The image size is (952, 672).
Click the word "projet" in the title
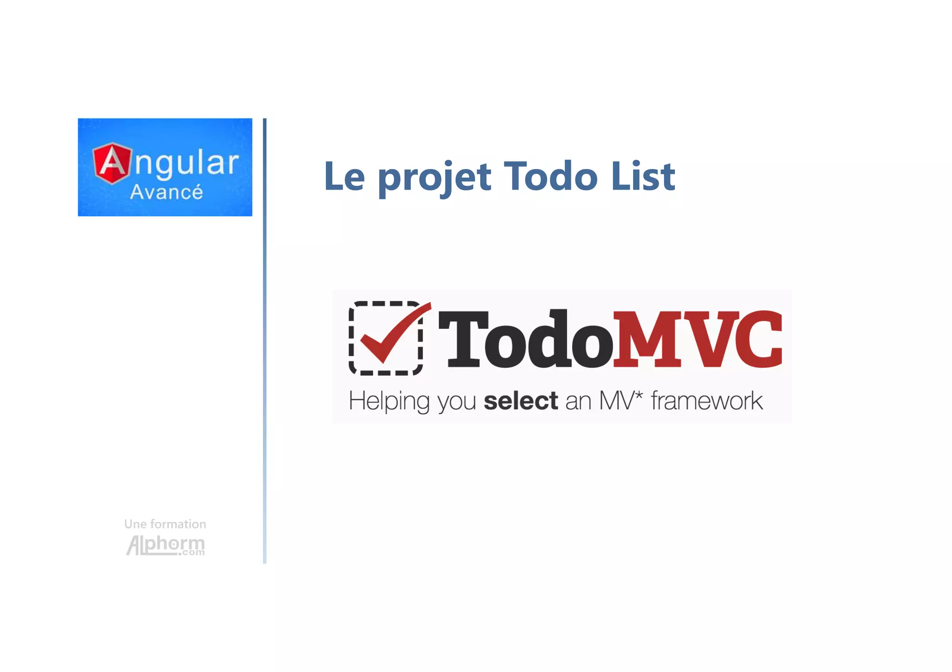click(434, 177)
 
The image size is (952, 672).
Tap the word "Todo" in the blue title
click(550, 176)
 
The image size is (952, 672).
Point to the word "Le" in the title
click(344, 176)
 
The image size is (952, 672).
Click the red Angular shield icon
click(112, 163)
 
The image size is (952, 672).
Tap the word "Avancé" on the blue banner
click(166, 192)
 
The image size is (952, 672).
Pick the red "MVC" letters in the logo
click(697, 339)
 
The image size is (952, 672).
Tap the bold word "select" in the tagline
click(521, 400)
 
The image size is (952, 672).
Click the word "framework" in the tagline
click(707, 400)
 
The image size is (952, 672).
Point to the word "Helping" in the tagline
click(389, 401)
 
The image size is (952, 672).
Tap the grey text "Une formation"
click(165, 524)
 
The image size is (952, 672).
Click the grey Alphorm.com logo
click(165, 545)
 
